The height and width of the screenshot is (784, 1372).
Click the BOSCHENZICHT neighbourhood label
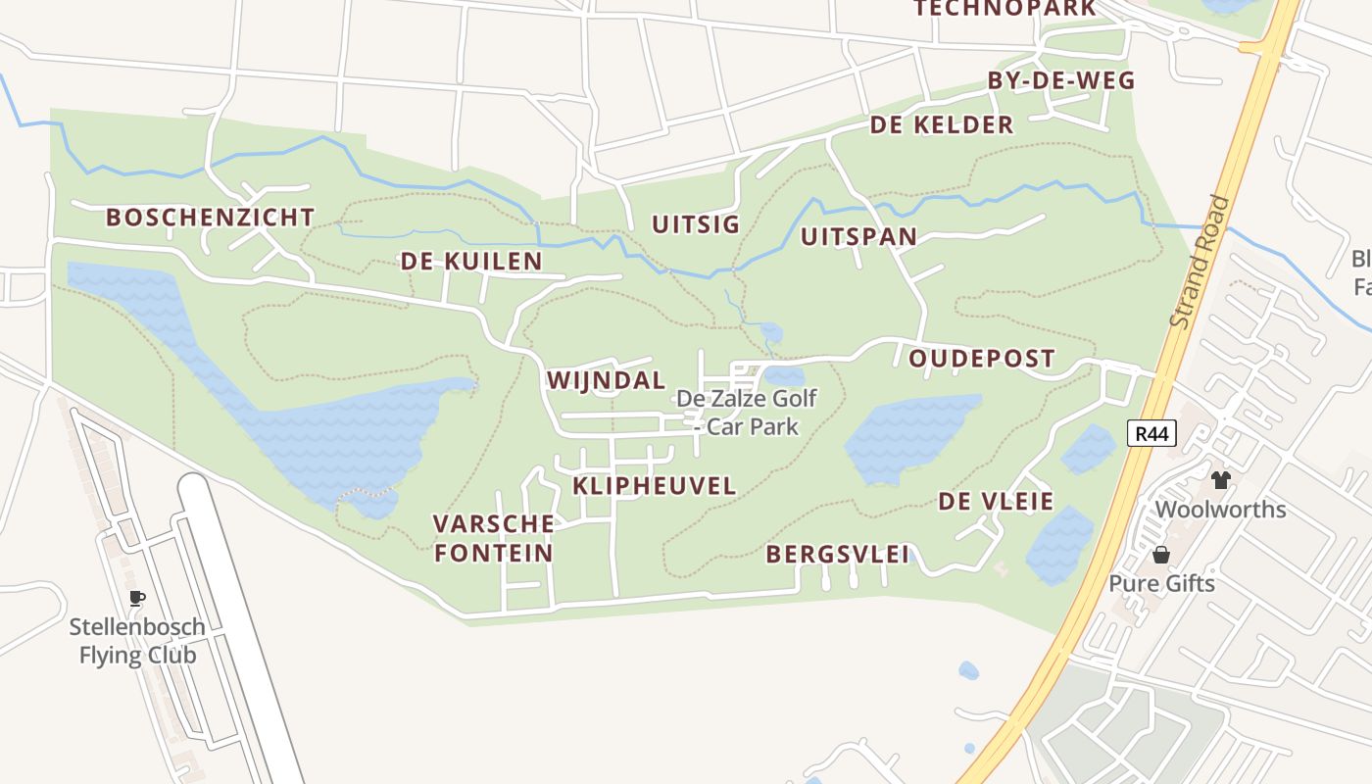[x=210, y=218]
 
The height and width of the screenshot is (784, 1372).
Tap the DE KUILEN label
[x=470, y=262]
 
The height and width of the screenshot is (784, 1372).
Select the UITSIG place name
[x=696, y=224]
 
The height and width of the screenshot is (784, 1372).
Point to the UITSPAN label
[x=858, y=237]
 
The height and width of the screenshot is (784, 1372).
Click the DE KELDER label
[x=941, y=125]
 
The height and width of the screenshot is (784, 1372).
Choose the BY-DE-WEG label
[x=1060, y=81]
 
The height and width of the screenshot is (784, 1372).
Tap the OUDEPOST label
[x=981, y=359]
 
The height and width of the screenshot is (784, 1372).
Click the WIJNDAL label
[x=606, y=380]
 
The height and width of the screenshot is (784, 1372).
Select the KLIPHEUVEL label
[x=654, y=486]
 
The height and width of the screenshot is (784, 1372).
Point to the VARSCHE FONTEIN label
[x=494, y=538]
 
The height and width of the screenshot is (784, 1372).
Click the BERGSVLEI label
[x=837, y=554]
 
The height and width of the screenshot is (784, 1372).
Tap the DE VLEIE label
[x=996, y=502]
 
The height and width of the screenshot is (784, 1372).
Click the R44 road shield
[x=1151, y=433]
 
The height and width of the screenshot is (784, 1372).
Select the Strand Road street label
[x=1200, y=263]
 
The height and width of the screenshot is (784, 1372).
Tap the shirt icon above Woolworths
[x=1220, y=479]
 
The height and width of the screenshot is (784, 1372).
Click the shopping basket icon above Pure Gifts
[x=1161, y=555]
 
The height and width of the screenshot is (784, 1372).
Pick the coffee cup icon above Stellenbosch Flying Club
[x=137, y=597]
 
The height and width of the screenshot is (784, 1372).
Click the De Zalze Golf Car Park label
[x=747, y=413]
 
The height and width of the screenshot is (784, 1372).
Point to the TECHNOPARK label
[x=1004, y=9]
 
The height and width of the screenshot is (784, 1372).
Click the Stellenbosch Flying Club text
[x=137, y=641]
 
